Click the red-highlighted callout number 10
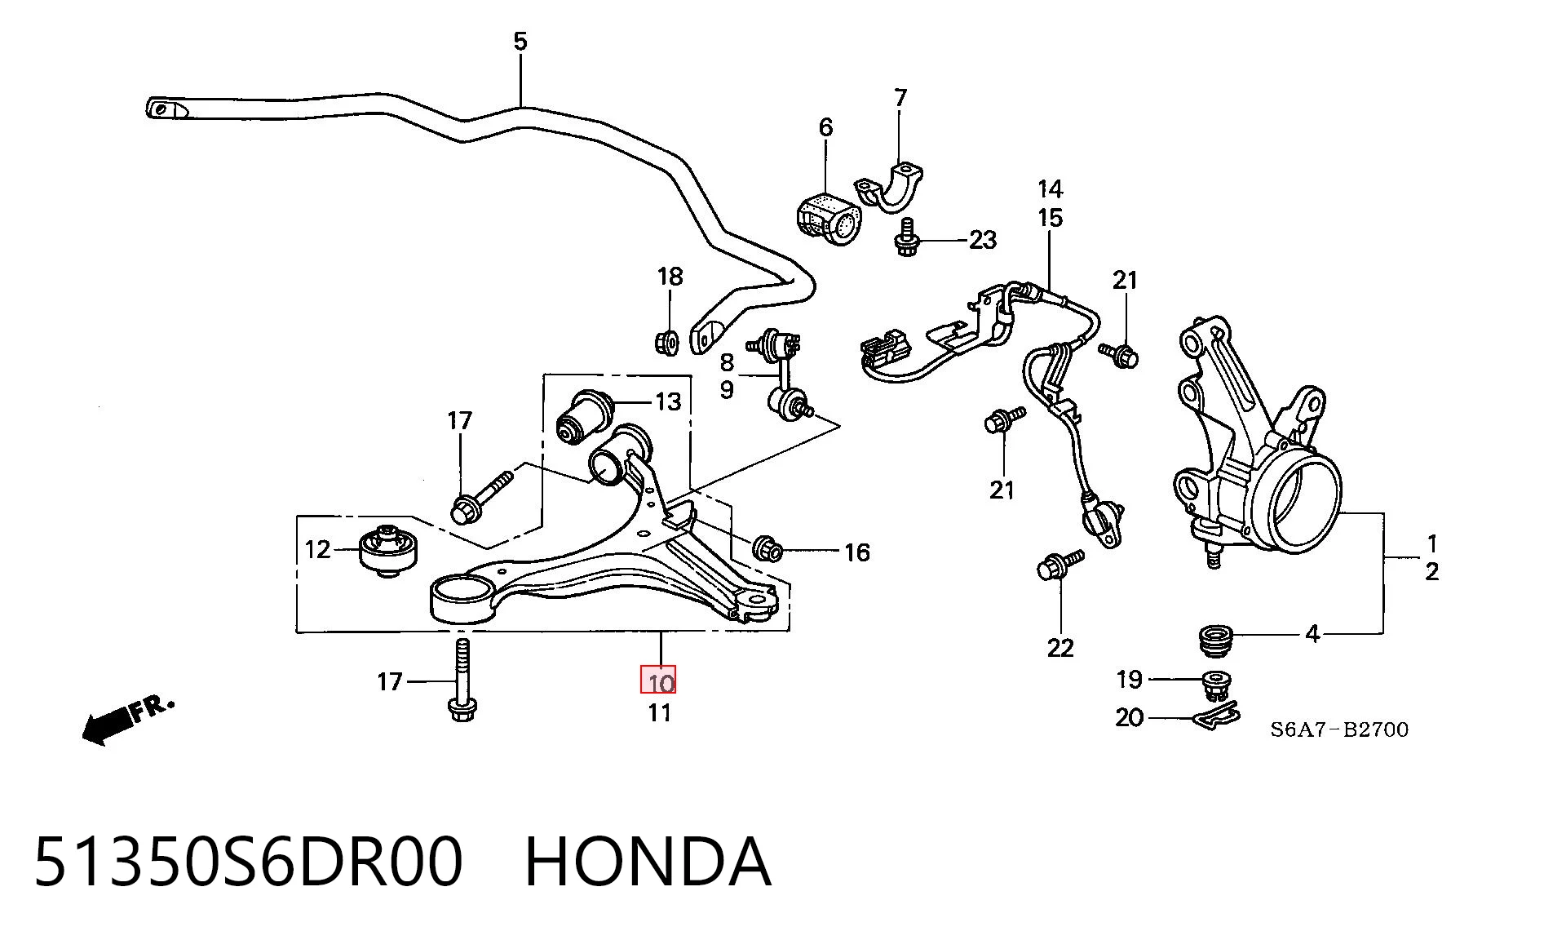pyautogui.click(x=658, y=681)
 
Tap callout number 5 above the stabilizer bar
pyautogui.click(x=520, y=41)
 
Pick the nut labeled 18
pyautogui.click(x=667, y=341)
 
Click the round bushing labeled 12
pyautogui.click(x=389, y=551)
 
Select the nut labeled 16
pyautogui.click(x=768, y=548)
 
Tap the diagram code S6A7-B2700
pyautogui.click(x=1338, y=729)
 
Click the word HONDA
pyautogui.click(x=647, y=862)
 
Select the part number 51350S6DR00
pyautogui.click(x=248, y=862)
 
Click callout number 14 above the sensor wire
pyautogui.click(x=1050, y=189)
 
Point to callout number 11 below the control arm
pyautogui.click(x=659, y=713)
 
